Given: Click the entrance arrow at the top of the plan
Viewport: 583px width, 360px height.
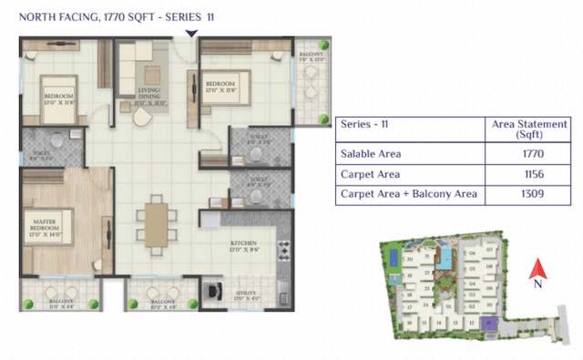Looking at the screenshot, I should (x=189, y=33).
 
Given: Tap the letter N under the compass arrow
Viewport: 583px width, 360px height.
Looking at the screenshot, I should (x=537, y=283).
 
